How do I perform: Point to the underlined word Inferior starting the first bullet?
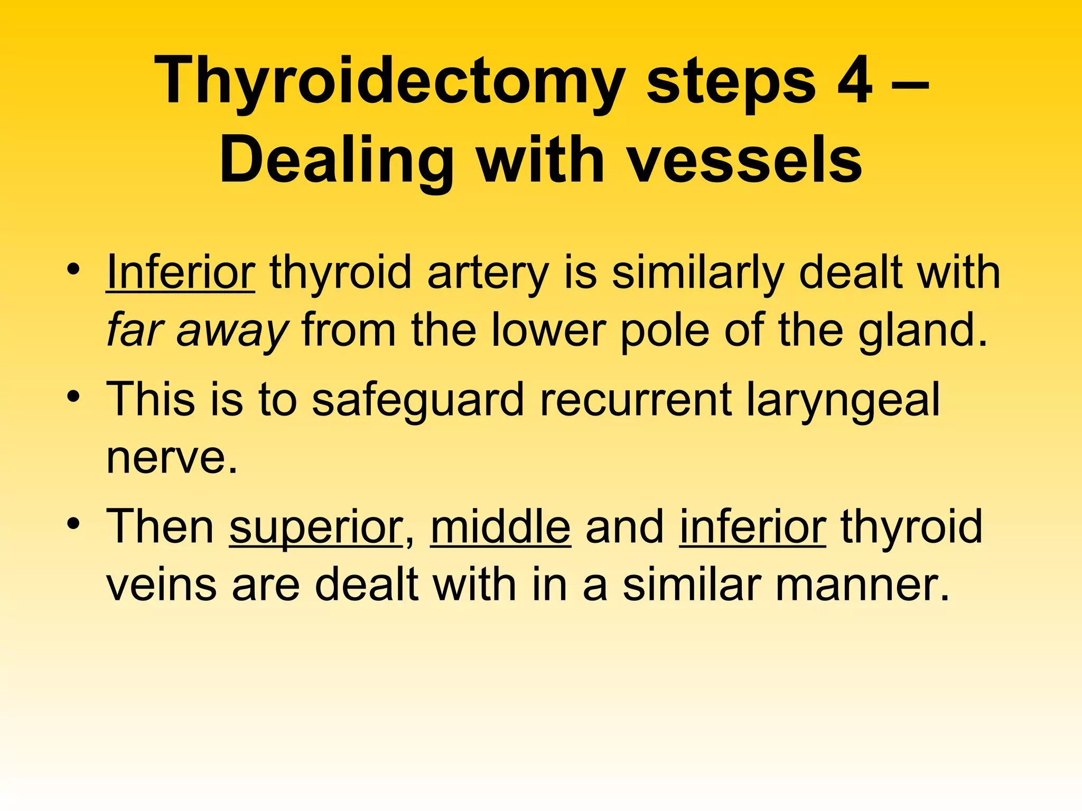(181, 274)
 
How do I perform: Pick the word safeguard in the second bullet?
(417, 400)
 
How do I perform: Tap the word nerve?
(172, 457)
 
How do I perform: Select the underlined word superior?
(316, 527)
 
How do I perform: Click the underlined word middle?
(500, 527)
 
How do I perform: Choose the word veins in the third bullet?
(162, 585)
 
